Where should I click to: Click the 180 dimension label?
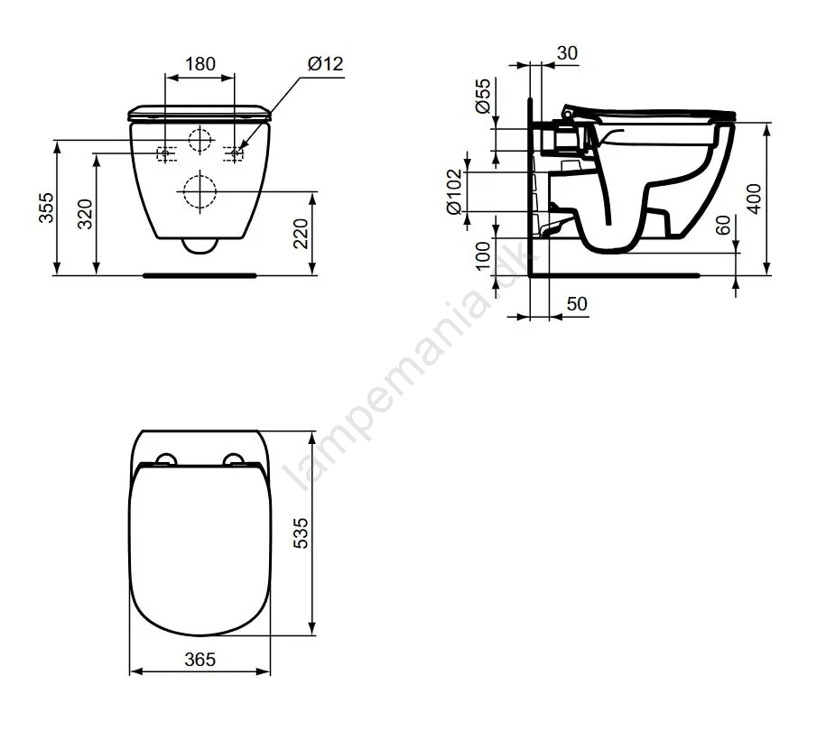[x=200, y=64]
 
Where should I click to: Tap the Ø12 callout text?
[x=326, y=64]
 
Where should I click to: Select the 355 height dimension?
[x=46, y=208]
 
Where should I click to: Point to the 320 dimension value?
[x=85, y=214]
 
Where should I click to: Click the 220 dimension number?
[x=301, y=234]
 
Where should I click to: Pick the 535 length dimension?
[x=301, y=533]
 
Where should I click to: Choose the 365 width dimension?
[x=200, y=659]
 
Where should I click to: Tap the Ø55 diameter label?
[x=483, y=96]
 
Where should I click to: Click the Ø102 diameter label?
[x=453, y=191]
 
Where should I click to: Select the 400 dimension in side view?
[x=755, y=199]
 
